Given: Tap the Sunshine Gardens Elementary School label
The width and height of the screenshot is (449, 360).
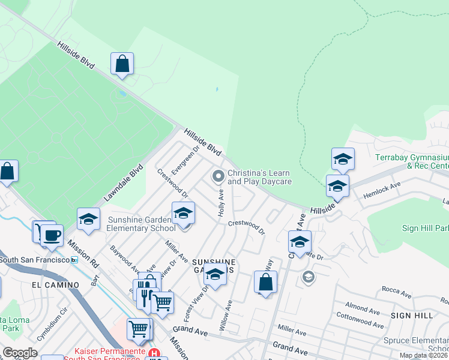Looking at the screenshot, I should point(142,224).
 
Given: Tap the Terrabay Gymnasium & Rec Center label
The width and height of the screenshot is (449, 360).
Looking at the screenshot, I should point(412,161).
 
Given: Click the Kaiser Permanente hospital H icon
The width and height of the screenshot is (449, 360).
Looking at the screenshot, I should point(155,353).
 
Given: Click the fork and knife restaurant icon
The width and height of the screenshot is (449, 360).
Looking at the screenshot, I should point(144,295).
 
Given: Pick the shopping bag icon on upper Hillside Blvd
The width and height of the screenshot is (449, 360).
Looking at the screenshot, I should point(122,64).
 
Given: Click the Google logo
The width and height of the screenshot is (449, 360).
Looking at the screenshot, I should point(20,353).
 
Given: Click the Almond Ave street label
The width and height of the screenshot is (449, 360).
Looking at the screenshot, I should point(363,309).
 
